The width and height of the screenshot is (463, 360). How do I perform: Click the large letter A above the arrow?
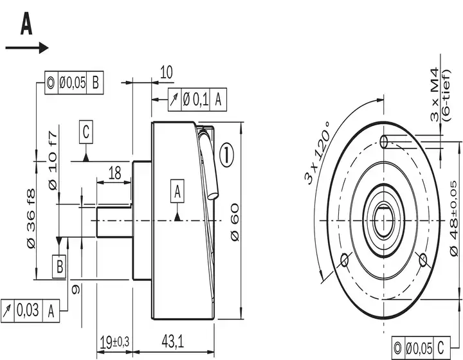26,24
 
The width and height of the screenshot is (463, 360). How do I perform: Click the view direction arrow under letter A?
27,48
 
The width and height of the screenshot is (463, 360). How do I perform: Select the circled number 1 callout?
226,155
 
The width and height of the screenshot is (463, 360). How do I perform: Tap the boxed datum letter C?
86,132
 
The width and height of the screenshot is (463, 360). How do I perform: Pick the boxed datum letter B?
59,266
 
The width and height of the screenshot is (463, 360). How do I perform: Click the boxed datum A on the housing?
177,191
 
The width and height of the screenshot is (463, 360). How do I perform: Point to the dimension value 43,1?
173,342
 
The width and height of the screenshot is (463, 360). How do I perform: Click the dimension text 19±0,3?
114,342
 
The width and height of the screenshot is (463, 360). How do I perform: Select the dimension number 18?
115,173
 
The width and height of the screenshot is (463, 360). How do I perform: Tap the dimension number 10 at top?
167,72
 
